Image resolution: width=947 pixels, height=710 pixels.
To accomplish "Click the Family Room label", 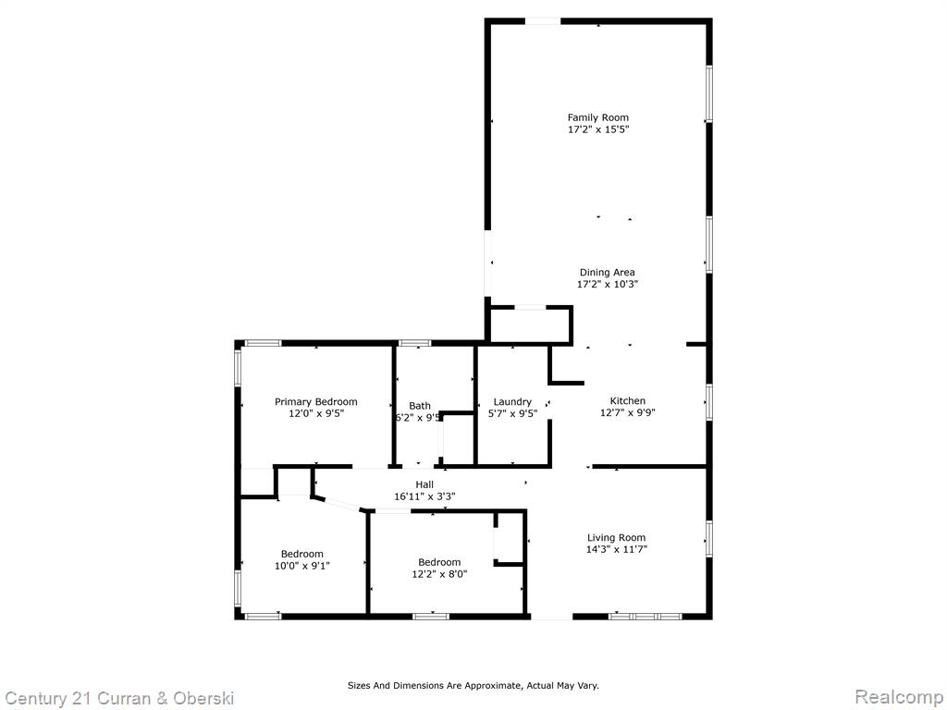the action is tap(598, 117).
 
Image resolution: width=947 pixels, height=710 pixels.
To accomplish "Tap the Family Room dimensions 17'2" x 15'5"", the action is tap(598, 129).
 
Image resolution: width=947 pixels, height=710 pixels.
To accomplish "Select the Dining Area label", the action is tap(607, 273).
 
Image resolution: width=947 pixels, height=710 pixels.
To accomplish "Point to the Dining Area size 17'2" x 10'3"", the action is tap(607, 285).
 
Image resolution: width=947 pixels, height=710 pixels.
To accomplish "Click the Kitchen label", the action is tap(628, 401).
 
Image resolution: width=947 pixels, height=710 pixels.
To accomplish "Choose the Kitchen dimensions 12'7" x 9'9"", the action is tap(628, 413).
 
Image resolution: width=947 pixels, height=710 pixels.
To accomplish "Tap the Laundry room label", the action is tap(512, 402).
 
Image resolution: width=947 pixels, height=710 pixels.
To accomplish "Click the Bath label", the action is tap(420, 406).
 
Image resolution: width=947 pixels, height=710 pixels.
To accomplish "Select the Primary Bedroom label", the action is tap(316, 402).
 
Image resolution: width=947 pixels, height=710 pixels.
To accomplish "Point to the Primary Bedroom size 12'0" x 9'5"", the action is tap(316, 413).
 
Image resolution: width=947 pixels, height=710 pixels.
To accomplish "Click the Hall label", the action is tap(424, 484).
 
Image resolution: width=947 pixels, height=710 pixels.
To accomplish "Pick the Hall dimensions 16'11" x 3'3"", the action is tap(424, 496).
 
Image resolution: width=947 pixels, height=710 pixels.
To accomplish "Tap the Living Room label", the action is tap(616, 537).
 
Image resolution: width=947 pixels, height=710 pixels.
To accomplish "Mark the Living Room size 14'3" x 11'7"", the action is tap(616, 549).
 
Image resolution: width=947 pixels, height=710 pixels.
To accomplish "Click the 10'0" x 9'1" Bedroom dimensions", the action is tap(302, 566).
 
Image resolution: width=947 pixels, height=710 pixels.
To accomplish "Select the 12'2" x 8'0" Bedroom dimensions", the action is tap(439, 574).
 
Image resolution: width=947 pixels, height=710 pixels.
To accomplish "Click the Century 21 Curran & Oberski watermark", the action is tap(118, 699).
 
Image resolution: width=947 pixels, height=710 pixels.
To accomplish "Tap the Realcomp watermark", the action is tap(900, 697).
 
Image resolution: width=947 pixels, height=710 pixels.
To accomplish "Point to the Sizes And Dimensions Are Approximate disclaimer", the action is tap(473, 686).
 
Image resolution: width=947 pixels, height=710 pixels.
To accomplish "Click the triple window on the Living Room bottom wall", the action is tap(645, 617).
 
